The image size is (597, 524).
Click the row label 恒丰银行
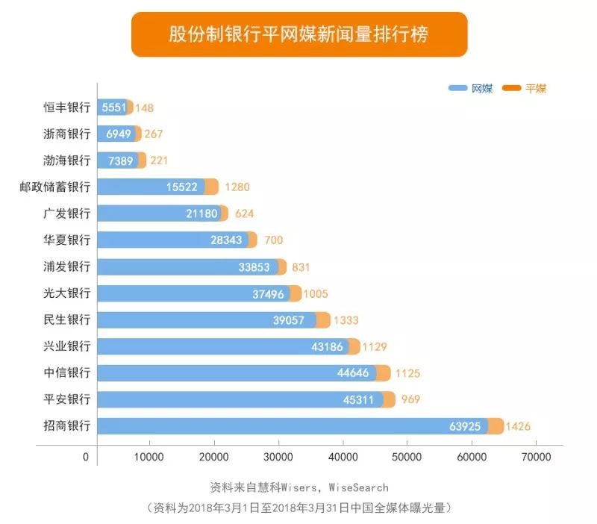click(66, 107)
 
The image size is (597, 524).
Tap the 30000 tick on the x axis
click(278, 456)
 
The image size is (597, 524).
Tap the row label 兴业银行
click(66, 347)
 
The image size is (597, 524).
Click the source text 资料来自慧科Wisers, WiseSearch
click(298, 487)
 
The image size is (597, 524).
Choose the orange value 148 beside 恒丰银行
click(144, 107)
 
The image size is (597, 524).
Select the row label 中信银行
click(66, 373)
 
